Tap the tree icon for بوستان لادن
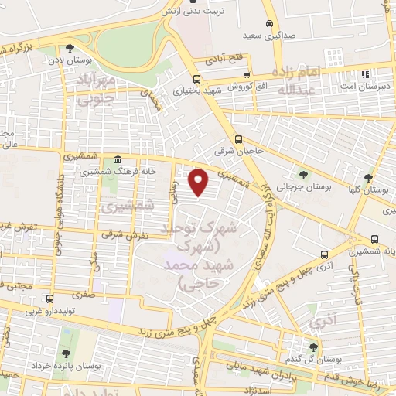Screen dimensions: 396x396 click(x=70, y=48)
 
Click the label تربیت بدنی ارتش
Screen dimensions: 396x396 click(x=187, y=12)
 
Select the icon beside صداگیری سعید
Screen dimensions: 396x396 click(x=268, y=24)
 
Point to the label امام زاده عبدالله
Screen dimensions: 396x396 click(x=308, y=81)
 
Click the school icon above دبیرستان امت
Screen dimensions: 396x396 click(x=363, y=74)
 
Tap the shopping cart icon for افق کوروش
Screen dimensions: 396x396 click(x=247, y=75)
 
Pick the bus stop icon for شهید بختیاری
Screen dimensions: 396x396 click(x=196, y=78)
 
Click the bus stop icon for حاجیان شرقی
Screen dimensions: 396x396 click(x=238, y=140)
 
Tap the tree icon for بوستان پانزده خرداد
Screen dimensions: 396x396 click(x=64, y=333)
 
